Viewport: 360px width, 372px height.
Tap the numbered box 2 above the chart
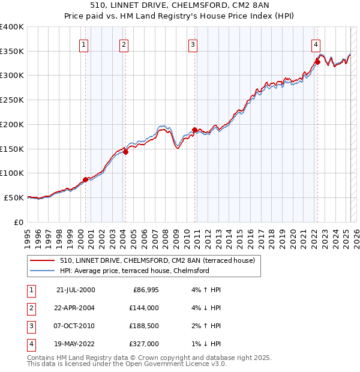[123, 44]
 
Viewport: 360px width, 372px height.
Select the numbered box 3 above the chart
[193, 44]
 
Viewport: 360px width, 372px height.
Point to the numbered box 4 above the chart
[316, 44]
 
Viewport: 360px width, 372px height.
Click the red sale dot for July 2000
[85, 179]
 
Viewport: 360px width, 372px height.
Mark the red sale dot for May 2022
[317, 61]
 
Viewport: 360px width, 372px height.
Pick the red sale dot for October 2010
[195, 130]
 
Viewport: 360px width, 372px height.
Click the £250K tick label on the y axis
[11, 100]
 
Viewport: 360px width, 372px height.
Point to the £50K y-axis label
[14, 197]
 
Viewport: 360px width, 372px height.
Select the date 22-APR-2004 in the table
[76, 308]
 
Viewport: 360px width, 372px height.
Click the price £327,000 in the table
[143, 344]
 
